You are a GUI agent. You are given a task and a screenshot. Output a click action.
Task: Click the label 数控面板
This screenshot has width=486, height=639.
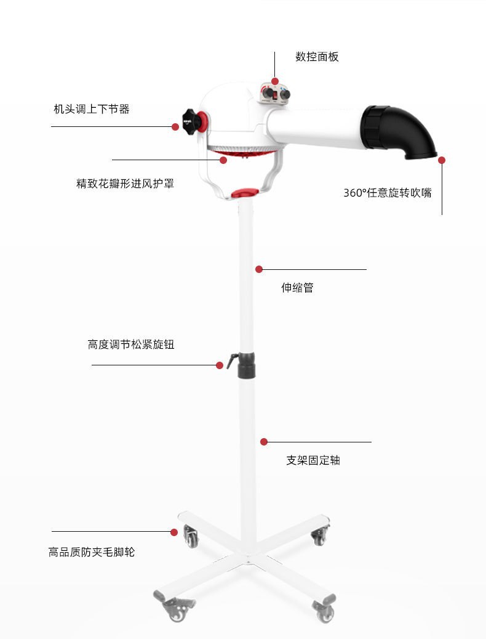pyautogui.click(x=317, y=57)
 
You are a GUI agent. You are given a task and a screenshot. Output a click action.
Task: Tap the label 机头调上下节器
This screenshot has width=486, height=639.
pyautogui.click(x=92, y=109)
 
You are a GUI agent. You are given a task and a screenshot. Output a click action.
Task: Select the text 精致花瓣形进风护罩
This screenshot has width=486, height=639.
pyautogui.click(x=125, y=183)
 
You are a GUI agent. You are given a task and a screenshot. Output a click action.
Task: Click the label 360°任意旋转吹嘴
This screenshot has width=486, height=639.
pyautogui.click(x=387, y=193)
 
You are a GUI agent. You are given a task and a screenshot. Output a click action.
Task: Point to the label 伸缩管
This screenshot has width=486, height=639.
pyautogui.click(x=297, y=288)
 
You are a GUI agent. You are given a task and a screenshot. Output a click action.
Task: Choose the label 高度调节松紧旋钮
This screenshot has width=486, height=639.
pyautogui.click(x=130, y=344)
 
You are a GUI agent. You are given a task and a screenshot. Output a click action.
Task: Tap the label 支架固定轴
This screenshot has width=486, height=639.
pyautogui.click(x=313, y=460)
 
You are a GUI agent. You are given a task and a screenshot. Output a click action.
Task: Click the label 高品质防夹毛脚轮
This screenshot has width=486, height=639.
pyautogui.click(x=92, y=552)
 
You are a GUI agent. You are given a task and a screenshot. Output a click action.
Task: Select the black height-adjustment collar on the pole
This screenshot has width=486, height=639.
pyautogui.click(x=247, y=365)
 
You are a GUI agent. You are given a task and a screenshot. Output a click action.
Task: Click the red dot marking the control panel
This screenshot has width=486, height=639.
pyautogui.click(x=275, y=81)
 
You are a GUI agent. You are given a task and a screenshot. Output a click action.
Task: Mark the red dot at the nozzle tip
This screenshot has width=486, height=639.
pyautogui.click(x=441, y=160)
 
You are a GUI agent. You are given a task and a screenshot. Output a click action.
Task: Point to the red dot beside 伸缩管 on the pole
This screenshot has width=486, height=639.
pyautogui.click(x=259, y=269)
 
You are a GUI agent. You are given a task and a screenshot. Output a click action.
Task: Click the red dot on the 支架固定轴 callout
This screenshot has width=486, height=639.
pyautogui.click(x=264, y=442)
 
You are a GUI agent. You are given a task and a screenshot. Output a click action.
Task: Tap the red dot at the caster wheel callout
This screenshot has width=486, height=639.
pyautogui.click(x=174, y=531)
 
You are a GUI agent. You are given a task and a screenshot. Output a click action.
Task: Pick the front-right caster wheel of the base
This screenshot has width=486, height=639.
pyautogui.click(x=325, y=612)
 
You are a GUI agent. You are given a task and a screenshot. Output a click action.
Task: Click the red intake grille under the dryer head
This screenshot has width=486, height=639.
pyautogui.click(x=240, y=152)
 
